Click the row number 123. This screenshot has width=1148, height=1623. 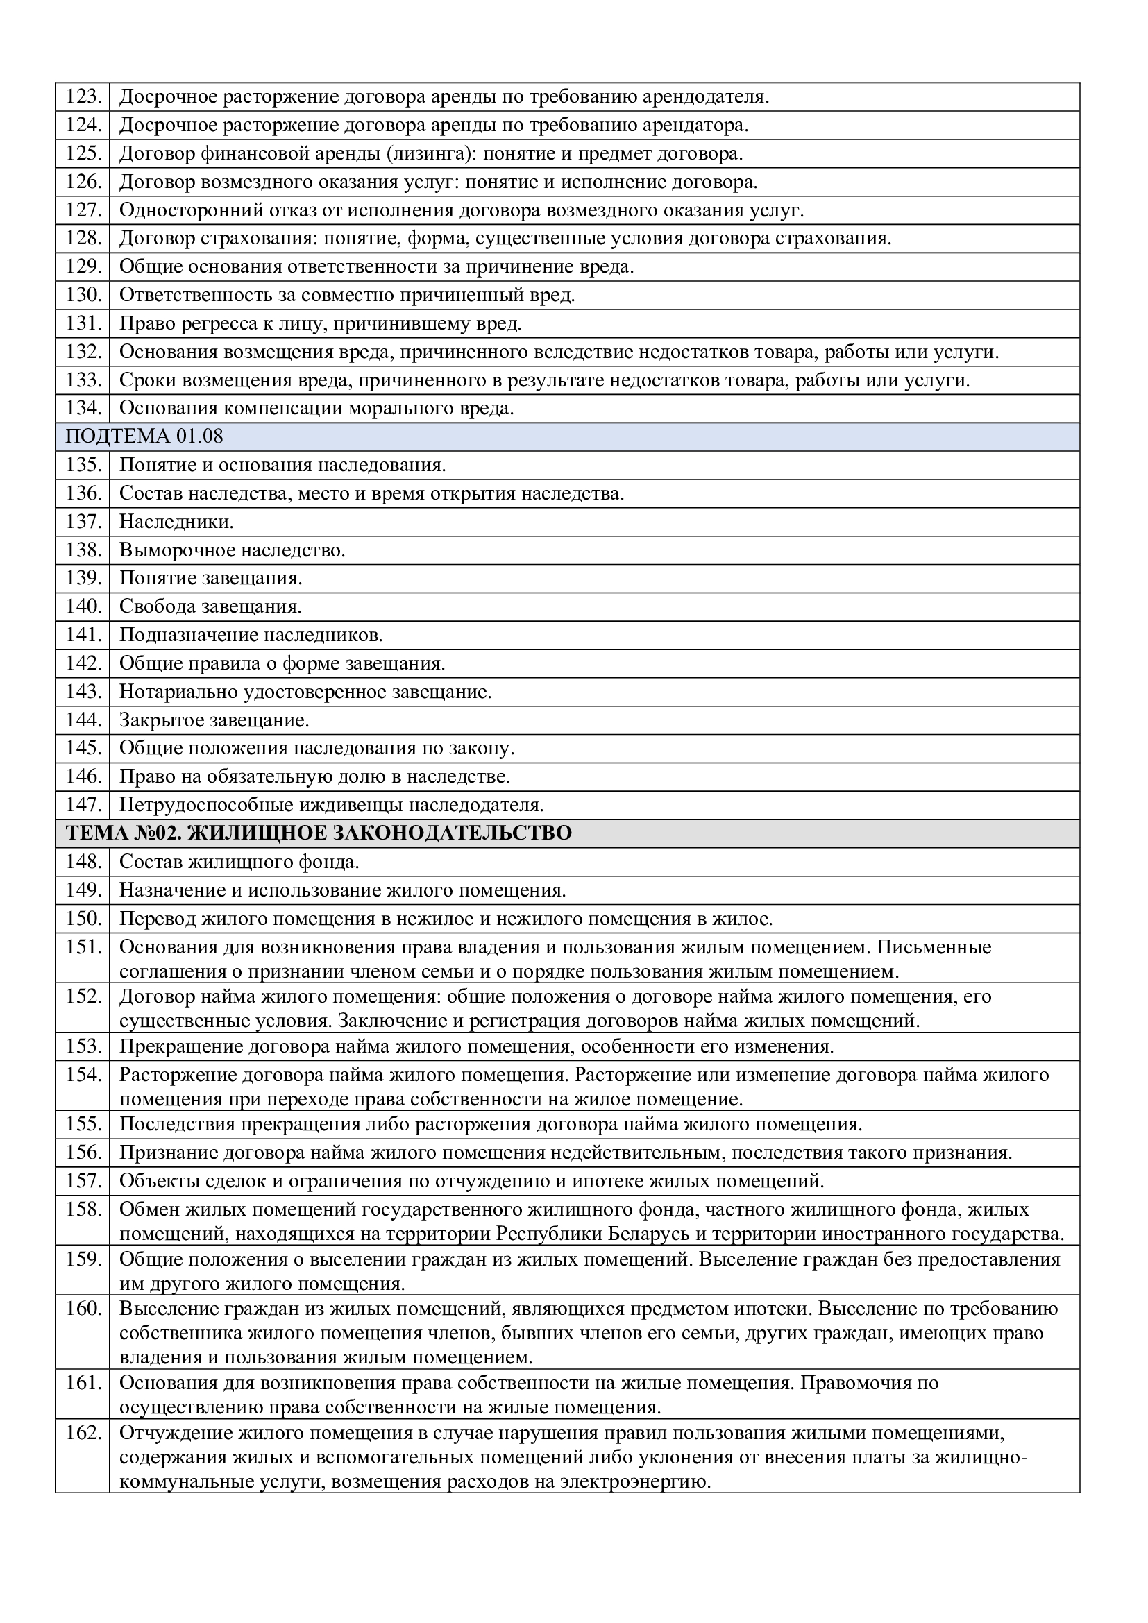[x=83, y=97]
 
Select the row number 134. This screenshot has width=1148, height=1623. [x=83, y=409]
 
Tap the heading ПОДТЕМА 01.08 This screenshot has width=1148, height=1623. [x=144, y=437]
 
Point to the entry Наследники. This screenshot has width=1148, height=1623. [x=176, y=522]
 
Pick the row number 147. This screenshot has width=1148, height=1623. [x=83, y=805]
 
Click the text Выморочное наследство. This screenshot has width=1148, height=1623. [x=232, y=551]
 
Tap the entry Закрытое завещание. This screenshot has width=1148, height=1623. [x=214, y=720]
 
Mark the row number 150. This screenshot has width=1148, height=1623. [x=83, y=919]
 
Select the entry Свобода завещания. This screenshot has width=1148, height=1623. [x=210, y=607]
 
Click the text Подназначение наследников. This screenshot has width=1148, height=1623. [x=251, y=636]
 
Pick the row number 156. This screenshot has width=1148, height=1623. [x=83, y=1153]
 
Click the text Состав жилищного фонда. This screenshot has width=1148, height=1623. [x=239, y=863]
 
